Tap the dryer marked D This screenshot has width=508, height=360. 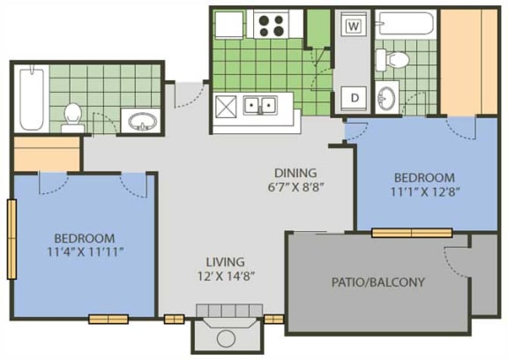[355, 96]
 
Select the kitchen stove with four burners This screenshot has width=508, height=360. [268, 24]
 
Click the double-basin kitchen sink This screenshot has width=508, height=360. [260, 106]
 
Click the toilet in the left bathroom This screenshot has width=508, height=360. [72, 116]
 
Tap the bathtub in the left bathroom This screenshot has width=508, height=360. [31, 97]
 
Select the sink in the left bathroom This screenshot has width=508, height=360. [140, 121]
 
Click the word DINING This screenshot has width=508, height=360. [295, 172]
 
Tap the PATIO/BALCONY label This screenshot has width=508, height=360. [377, 283]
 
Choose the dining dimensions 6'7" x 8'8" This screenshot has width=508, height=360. [295, 187]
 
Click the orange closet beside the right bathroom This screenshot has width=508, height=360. [469, 62]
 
